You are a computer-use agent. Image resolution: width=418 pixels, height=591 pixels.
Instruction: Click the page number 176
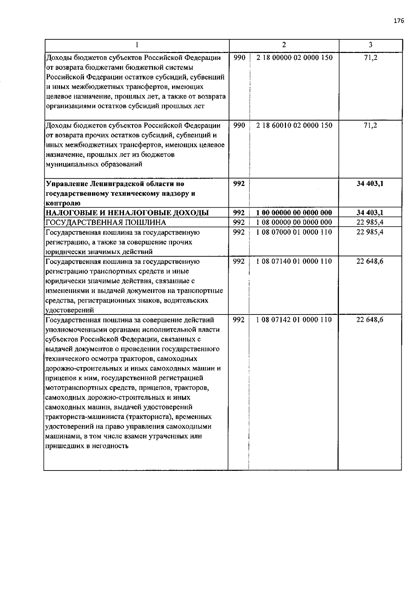point(399,21)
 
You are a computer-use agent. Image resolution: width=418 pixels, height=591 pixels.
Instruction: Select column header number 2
point(284,45)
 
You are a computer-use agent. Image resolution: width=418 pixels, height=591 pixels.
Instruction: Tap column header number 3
point(370,45)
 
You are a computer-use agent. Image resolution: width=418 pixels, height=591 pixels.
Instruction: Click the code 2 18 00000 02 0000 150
point(294,57)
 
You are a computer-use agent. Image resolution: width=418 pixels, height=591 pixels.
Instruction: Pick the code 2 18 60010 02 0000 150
point(294,125)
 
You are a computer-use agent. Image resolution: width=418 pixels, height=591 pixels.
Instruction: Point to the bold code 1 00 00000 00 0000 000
point(294,212)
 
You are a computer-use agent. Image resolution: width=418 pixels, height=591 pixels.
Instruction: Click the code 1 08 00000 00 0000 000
point(294,222)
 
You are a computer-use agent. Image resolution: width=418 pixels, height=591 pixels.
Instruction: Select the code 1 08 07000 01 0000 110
point(294,232)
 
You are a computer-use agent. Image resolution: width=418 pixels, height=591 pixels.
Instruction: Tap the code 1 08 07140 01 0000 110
point(294,261)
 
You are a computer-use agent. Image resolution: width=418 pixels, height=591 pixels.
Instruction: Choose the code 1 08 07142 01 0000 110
point(294,320)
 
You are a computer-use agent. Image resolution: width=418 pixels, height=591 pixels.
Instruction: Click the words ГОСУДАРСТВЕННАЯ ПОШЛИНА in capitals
point(106,223)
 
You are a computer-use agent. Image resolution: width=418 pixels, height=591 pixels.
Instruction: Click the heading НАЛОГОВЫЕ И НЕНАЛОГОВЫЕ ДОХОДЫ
point(127,213)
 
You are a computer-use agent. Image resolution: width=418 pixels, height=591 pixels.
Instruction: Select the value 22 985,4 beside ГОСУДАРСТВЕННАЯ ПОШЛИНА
point(370,222)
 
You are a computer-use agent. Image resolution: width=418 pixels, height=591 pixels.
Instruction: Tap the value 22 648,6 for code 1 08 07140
point(370,261)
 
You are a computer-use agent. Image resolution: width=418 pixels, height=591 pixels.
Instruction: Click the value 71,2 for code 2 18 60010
point(370,125)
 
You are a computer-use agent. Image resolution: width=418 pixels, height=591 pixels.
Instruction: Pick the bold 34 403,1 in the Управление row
point(370,184)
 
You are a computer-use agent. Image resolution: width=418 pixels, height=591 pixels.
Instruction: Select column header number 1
point(137,45)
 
